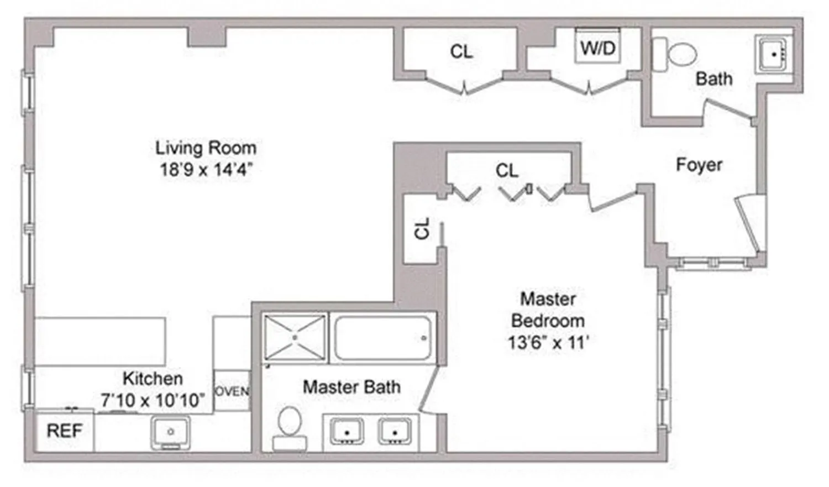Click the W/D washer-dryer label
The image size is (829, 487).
597,48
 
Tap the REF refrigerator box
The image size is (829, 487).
64,431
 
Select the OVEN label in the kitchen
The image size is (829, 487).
232,391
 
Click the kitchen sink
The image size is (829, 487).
170,432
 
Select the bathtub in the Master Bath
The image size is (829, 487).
382,338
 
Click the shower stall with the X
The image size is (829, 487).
295,337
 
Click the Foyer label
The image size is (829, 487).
699,165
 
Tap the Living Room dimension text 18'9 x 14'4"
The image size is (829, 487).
206,169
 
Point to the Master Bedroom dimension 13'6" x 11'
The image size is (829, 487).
548,343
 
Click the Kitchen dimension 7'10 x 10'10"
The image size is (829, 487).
153,400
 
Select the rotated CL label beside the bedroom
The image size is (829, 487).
422,228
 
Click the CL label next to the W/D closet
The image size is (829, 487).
461,52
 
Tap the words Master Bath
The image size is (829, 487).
351,387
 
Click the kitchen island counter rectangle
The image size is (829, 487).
100,341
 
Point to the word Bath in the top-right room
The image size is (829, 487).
713,79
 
